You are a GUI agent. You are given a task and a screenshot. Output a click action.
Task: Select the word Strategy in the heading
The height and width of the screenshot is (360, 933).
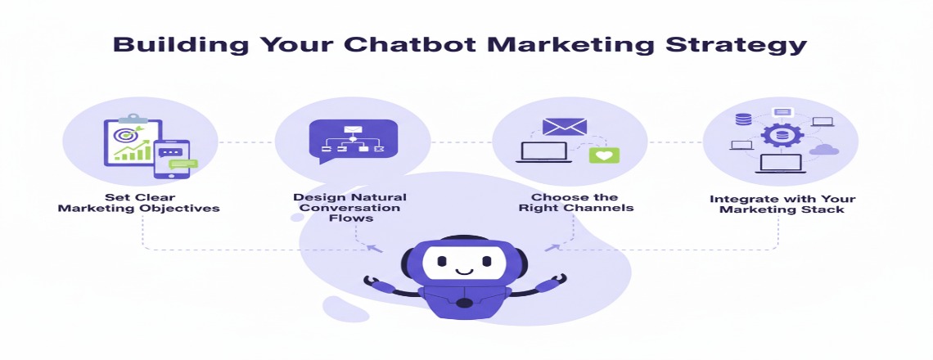click(x=738, y=44)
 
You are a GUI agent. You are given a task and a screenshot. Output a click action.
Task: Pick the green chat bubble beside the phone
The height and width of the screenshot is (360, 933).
click(x=183, y=164)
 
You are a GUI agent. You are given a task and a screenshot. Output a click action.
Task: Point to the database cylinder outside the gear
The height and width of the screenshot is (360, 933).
click(x=743, y=119)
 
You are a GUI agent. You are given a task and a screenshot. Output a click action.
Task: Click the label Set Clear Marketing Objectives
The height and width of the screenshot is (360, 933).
click(x=139, y=202)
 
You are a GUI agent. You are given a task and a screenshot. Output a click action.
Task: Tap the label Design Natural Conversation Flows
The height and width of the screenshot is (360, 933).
click(x=349, y=208)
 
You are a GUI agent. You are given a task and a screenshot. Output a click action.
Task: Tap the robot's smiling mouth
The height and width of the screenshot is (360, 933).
click(x=464, y=269)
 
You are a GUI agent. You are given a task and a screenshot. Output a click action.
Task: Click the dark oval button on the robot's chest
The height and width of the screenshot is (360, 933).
click(x=464, y=302)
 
